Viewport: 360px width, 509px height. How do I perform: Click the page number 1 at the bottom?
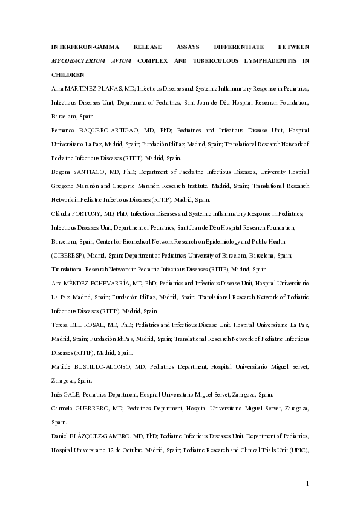(307, 483)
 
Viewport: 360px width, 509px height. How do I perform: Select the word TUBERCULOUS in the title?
(192, 60)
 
